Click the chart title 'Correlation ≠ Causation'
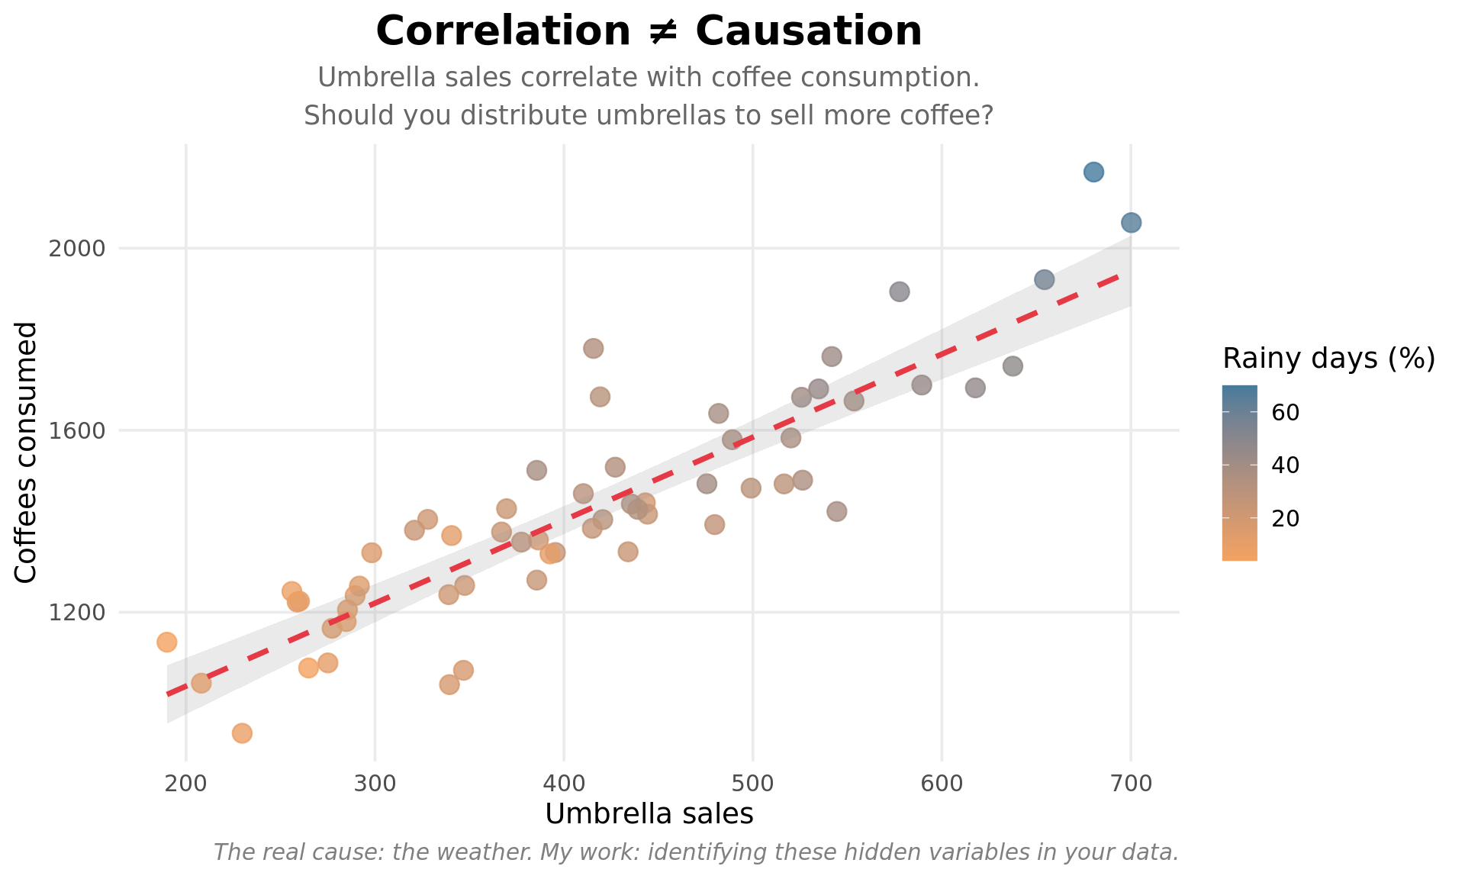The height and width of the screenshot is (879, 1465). coord(649,32)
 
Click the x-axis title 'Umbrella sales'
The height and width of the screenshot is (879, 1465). coord(649,814)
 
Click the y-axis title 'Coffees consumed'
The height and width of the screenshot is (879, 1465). coord(27,452)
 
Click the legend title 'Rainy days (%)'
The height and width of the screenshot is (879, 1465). coord(1328,358)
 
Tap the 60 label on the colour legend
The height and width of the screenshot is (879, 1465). coord(1286,413)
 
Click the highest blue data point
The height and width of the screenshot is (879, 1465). coord(1093,172)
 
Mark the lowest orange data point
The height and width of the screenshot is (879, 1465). coord(242,733)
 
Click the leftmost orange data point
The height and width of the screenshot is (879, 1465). coord(167,642)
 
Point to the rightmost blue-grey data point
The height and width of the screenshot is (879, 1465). coord(1131,223)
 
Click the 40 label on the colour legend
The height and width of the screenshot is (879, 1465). coord(1286,465)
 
